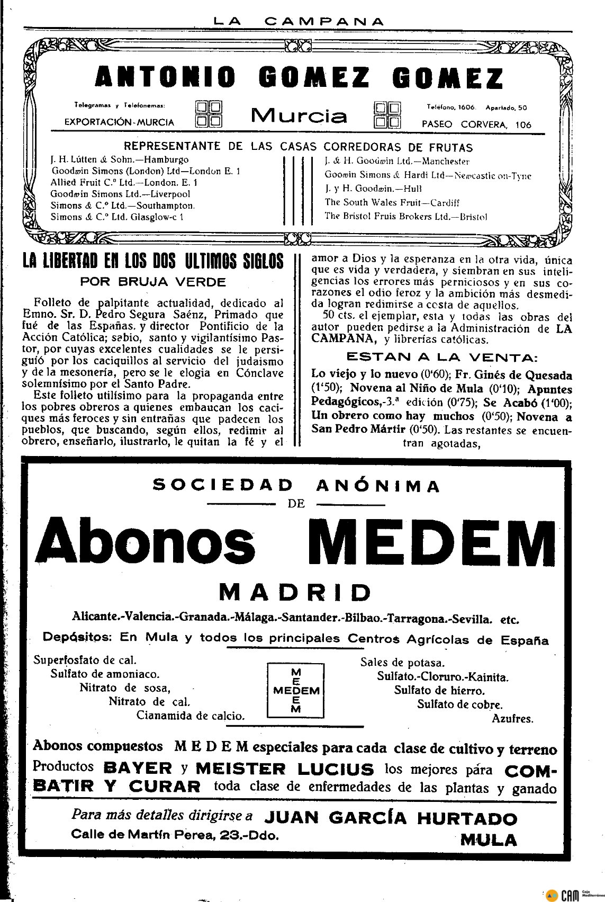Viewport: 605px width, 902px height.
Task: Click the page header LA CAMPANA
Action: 299,22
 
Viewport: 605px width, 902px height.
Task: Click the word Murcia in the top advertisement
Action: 299,115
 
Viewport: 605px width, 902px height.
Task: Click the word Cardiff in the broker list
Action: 445,202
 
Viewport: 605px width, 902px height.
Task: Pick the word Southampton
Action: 168,206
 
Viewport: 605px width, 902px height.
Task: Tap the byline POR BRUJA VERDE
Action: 153,282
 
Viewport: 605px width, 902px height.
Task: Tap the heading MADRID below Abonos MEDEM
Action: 295,592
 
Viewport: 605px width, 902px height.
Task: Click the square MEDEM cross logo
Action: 296,690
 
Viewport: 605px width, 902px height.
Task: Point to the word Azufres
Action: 512,719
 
